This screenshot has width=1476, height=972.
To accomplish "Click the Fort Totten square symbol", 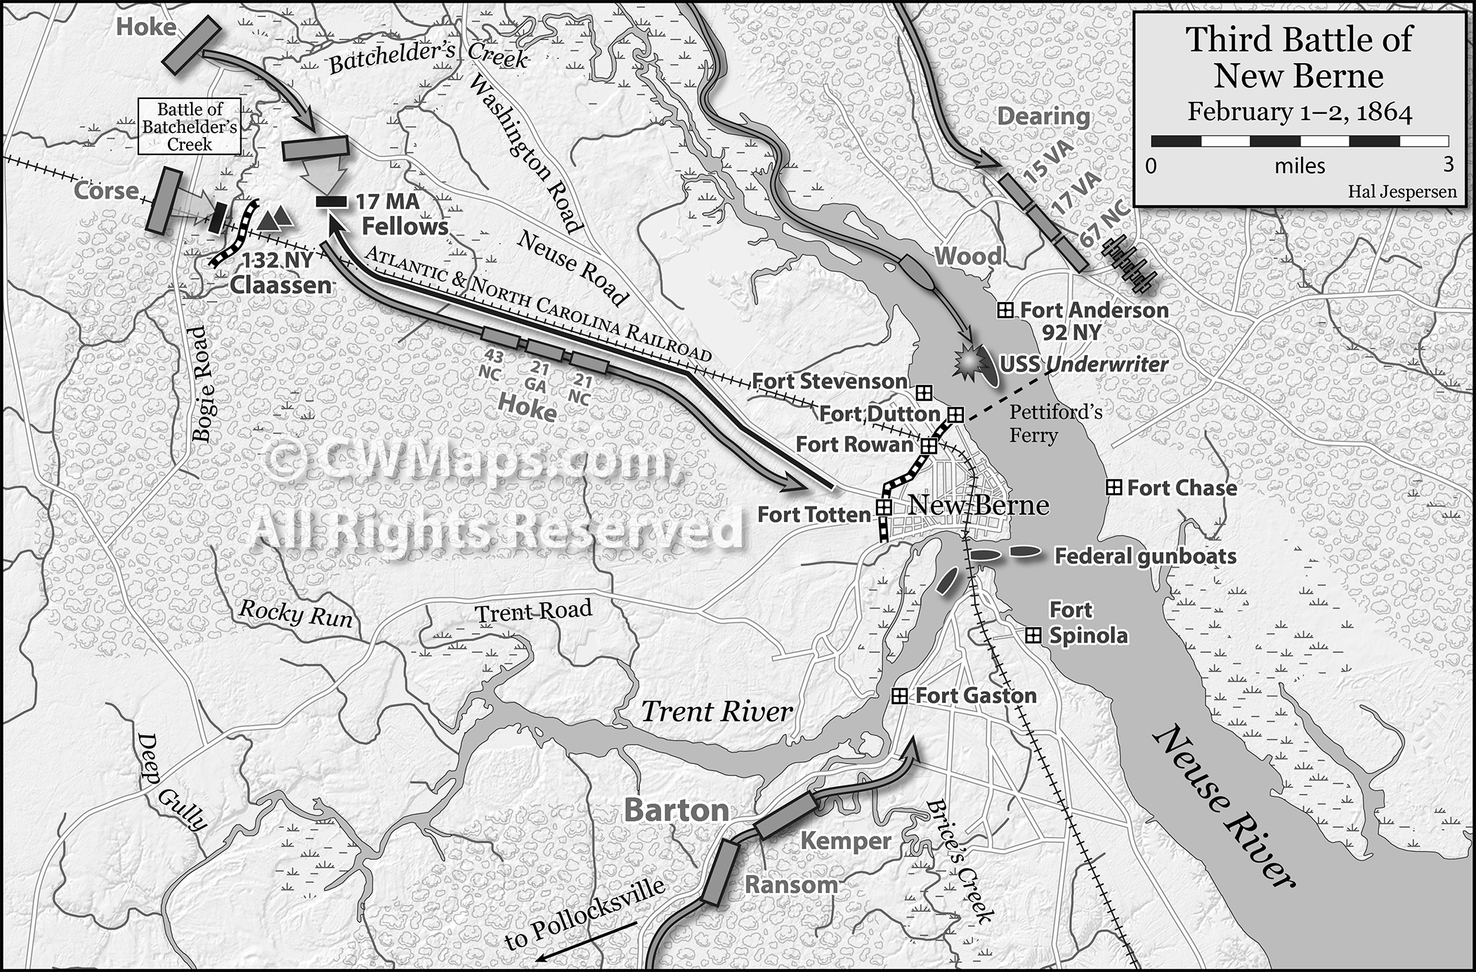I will tap(883, 506).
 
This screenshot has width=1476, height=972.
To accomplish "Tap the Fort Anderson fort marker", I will tap(1005, 310).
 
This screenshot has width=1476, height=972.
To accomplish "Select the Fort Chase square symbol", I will tap(1113, 487).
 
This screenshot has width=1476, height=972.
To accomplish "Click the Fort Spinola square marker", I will tap(1033, 636).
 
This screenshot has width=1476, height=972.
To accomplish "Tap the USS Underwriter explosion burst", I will tap(970, 362).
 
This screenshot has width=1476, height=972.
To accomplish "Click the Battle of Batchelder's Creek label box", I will tap(190, 127).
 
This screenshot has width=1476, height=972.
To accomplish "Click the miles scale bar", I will tap(1299, 140).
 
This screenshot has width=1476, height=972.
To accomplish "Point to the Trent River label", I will tap(717, 711).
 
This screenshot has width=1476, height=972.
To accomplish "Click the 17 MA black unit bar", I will tap(331, 202).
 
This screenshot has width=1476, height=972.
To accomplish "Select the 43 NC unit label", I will tap(490, 364).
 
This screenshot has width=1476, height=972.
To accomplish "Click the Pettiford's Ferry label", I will tap(1054, 423).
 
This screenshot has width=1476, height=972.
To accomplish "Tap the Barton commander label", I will tap(677, 810).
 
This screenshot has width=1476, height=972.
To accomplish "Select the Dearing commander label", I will tap(1043, 117).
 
